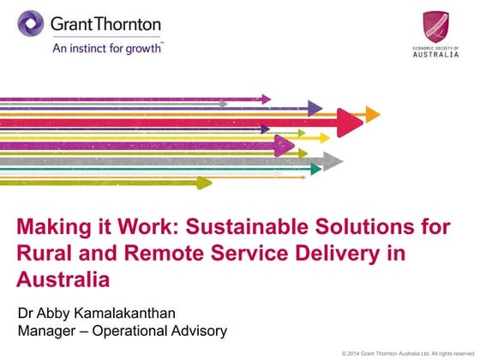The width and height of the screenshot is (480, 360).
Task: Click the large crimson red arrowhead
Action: click(x=349, y=123)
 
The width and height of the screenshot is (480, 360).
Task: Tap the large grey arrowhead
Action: click(x=333, y=160)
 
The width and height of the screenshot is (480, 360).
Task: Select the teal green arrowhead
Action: click(x=315, y=170)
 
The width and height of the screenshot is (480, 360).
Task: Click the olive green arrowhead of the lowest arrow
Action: click(x=203, y=182)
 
